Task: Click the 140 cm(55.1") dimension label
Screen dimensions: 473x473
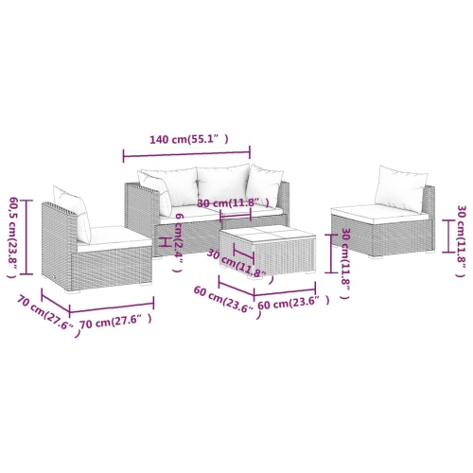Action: (189, 139)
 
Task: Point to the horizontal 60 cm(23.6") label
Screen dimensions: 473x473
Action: (293, 303)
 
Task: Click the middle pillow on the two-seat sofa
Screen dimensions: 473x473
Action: (222, 183)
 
